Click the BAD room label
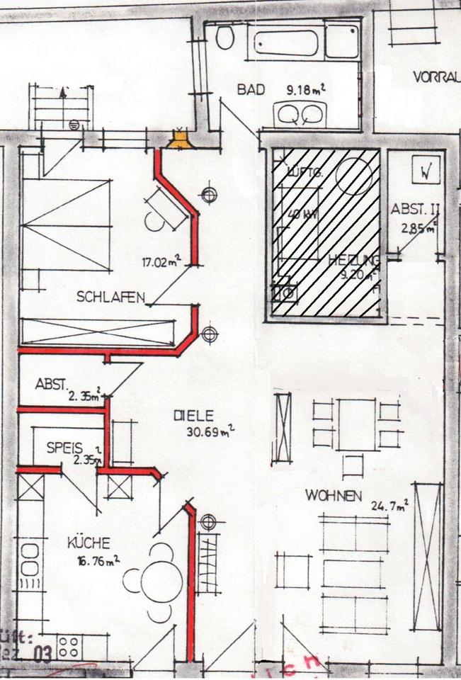[251, 90]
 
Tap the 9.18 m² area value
[305, 90]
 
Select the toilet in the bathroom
[225, 37]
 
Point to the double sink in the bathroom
[300, 113]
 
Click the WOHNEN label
[334, 496]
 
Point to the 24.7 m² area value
[389, 506]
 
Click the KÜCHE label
[89, 543]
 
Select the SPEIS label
[64, 448]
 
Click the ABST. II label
[416, 210]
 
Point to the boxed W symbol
[426, 171]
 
